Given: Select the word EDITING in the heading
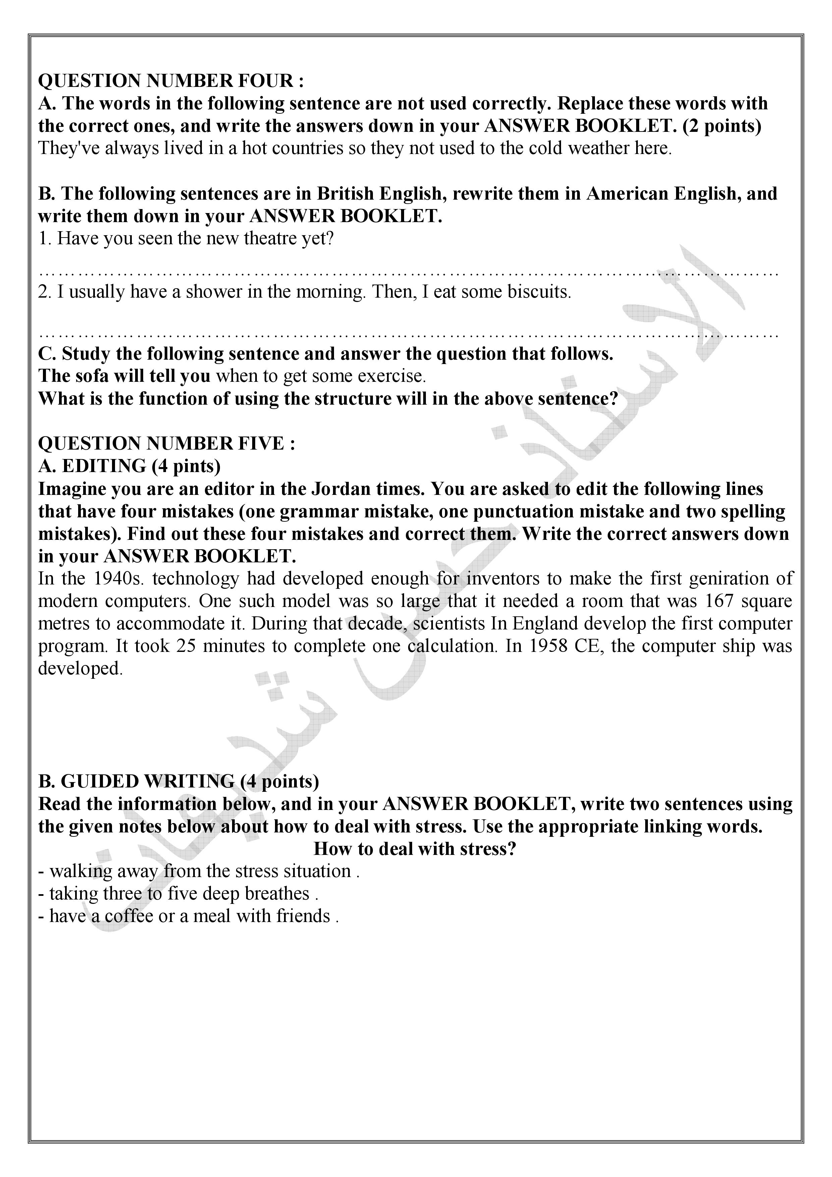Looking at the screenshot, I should pos(104,466).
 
